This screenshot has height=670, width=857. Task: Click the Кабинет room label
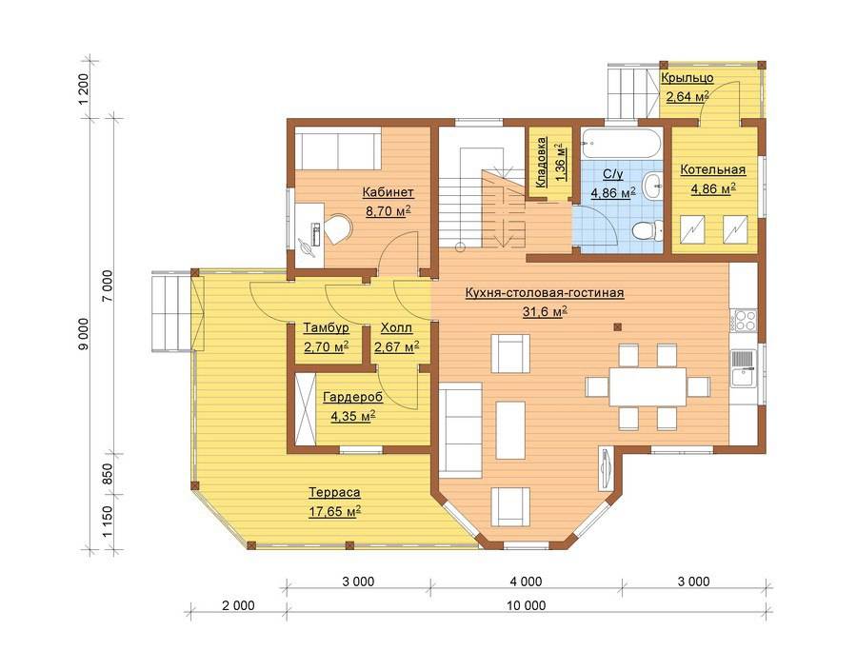coord(389,192)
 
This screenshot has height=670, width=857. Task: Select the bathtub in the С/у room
coord(621,143)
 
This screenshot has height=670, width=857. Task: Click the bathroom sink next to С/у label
coord(652,185)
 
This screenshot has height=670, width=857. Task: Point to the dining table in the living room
coord(648,386)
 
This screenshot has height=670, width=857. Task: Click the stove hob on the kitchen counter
coord(744,320)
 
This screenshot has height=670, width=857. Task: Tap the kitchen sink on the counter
coord(744,368)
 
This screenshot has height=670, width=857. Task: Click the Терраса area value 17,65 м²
coord(334,512)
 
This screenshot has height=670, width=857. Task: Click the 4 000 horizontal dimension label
coord(526,581)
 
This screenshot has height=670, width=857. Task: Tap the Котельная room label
coord(712,169)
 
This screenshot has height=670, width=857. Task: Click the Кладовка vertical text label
coord(541,162)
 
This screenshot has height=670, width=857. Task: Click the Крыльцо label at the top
coord(687,77)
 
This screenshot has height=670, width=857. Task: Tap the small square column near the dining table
coord(618,327)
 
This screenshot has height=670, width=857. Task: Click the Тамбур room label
coord(327,328)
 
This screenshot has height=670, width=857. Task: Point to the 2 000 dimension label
coord(238,605)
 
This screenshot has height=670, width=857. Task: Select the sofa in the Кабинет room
coord(337,148)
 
